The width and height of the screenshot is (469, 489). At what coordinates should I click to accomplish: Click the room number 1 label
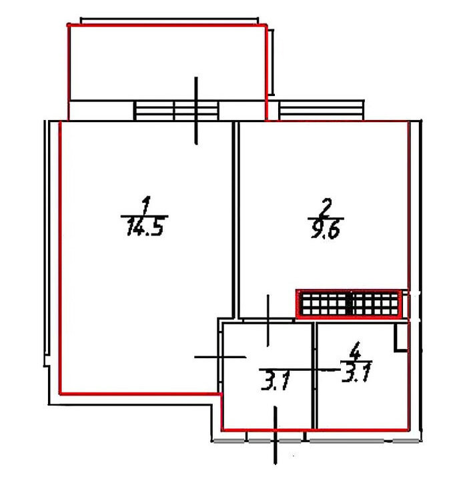(146, 205)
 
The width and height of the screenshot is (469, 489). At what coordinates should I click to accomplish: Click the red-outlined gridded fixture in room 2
(349, 304)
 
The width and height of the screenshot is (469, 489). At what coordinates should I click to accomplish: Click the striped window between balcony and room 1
(176, 110)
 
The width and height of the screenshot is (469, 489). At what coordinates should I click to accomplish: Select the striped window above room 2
(322, 110)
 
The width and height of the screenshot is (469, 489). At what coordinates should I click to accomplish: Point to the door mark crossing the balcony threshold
(196, 111)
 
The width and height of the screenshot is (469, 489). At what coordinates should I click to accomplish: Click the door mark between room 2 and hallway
(268, 321)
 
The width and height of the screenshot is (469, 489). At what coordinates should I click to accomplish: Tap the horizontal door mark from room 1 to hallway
(220, 357)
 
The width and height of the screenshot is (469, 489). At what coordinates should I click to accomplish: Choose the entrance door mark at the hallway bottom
(276, 435)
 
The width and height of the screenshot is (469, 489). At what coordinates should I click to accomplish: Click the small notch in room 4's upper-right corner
(402, 338)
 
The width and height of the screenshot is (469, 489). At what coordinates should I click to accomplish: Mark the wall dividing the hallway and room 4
(314, 376)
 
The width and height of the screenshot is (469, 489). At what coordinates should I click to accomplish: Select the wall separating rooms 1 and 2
(236, 219)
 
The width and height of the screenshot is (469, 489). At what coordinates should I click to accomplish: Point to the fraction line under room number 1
(144, 215)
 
